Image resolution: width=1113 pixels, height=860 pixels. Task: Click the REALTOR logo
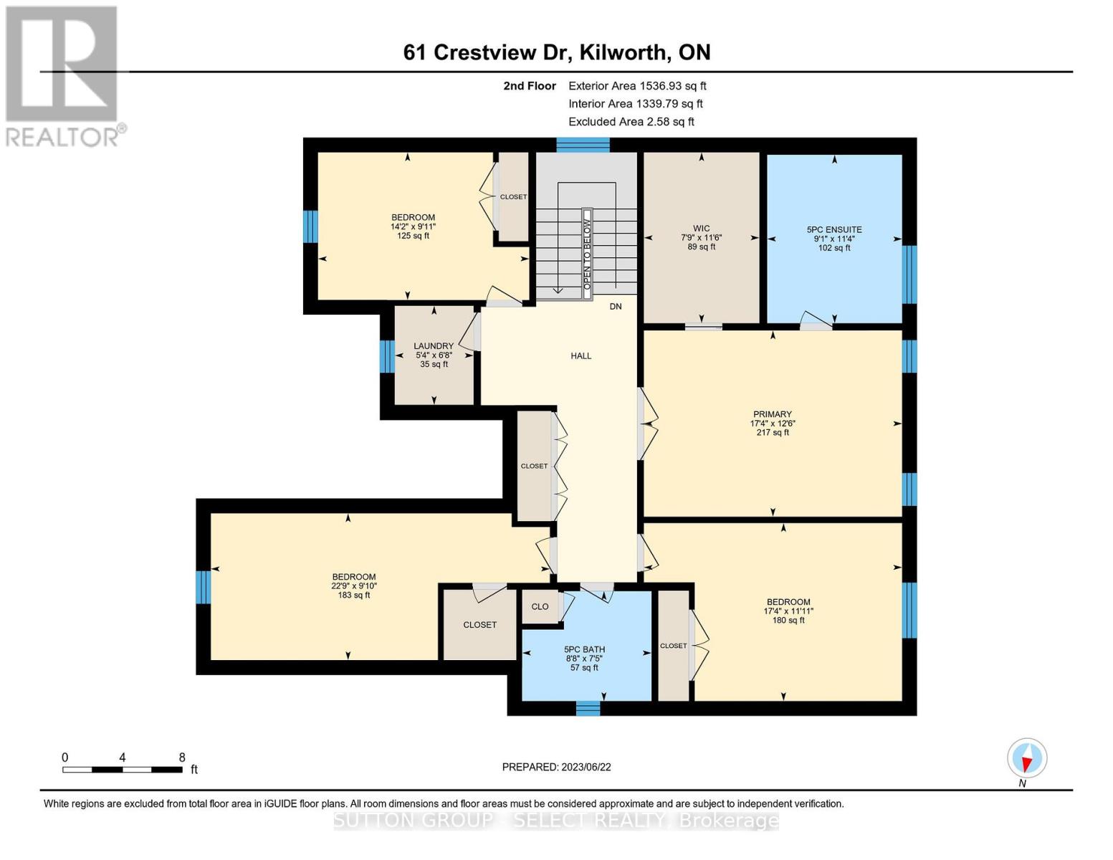(63, 75)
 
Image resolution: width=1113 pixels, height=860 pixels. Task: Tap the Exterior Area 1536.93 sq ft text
(637, 86)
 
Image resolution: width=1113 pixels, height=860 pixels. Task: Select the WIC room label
(701, 229)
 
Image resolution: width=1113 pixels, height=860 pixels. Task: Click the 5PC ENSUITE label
(834, 230)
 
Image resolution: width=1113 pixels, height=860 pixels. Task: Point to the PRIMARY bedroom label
(772, 414)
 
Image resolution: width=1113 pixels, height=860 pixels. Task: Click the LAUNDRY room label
(434, 346)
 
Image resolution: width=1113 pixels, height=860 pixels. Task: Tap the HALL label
(581, 355)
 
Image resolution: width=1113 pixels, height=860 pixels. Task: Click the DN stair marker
(615, 307)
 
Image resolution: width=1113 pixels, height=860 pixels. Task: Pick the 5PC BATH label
(584, 650)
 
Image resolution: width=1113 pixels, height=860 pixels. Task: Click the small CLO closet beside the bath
(540, 606)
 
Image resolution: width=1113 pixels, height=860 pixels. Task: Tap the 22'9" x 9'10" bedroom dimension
(353, 586)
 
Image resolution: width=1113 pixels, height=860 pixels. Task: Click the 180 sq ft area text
(788, 621)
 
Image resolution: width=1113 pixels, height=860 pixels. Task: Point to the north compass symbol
(1027, 758)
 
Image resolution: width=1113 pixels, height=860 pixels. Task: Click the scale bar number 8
(182, 758)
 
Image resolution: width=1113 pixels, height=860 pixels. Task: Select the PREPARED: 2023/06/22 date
(556, 767)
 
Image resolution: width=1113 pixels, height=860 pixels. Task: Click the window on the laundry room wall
(387, 356)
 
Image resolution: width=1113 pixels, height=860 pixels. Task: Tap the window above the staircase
(583, 145)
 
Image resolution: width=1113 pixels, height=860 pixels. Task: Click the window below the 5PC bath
(588, 708)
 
